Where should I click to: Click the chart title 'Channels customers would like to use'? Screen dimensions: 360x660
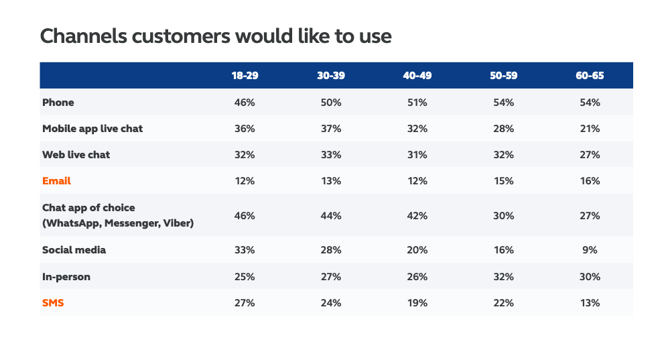(215, 36)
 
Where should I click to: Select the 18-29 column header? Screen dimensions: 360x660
(245, 76)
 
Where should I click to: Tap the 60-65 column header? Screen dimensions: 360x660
(589, 76)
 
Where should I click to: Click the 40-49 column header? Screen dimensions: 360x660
(417, 76)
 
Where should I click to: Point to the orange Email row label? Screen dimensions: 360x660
(56, 181)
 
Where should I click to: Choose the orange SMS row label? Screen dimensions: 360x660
(53, 303)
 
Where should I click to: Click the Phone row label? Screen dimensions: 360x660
(58, 103)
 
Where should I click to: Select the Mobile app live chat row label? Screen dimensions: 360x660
(92, 129)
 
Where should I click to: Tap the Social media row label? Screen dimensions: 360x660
(74, 250)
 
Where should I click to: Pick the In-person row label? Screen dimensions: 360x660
(66, 276)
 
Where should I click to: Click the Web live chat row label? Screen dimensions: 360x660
(76, 155)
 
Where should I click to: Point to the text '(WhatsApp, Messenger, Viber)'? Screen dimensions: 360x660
(117, 223)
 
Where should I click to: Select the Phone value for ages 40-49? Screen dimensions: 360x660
(417, 103)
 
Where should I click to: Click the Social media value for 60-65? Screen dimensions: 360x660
(589, 250)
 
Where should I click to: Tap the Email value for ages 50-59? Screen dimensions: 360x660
(503, 181)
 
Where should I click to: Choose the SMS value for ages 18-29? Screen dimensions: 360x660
(245, 303)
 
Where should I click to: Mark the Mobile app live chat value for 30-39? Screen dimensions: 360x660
(330, 129)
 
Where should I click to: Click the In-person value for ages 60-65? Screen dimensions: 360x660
(589, 276)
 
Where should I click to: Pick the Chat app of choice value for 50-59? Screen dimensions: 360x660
(503, 215)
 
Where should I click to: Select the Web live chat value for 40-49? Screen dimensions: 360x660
(417, 155)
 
